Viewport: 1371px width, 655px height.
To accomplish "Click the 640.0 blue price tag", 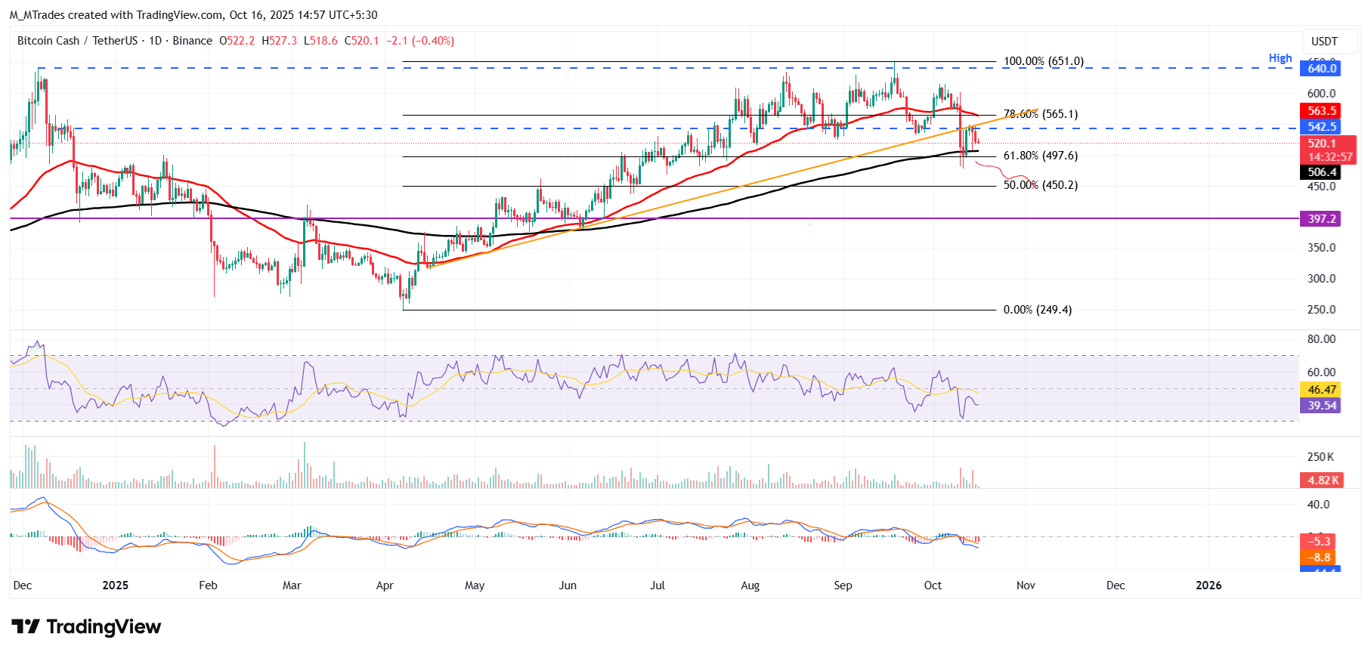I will coord(1321,69).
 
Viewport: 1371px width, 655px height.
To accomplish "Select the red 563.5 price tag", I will coord(1321,111).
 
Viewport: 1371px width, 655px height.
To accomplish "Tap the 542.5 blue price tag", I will coord(1321,127).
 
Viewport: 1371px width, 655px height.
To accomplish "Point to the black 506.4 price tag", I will coord(1321,172).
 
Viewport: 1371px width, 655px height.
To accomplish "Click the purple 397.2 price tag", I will coord(1321,219).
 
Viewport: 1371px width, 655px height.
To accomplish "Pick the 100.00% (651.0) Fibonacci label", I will coord(1043,61).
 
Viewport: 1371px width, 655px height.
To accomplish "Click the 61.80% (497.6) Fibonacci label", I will coord(1040,156).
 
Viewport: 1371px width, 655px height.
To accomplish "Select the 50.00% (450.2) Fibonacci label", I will coord(1040,185).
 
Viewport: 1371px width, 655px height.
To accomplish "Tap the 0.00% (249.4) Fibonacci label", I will coord(1037,310).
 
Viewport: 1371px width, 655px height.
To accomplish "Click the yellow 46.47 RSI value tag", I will coord(1321,390).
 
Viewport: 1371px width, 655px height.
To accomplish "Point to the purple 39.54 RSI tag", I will coord(1321,406).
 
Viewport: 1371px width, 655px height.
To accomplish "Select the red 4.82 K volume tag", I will coord(1323,480).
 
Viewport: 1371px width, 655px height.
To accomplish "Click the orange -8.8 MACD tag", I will coord(1320,558).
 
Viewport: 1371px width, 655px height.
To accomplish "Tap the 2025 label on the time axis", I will coord(115,585).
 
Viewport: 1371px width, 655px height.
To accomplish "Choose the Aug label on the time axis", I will coord(750,585).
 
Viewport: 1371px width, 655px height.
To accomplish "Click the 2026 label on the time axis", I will coord(1208,585).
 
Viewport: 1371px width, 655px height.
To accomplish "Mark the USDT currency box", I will coord(1323,42).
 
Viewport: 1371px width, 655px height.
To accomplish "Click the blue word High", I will coord(1280,58).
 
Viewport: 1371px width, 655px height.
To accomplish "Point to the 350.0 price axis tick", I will coord(1321,248).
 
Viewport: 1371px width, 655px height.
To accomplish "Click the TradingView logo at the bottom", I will coord(86,627).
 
